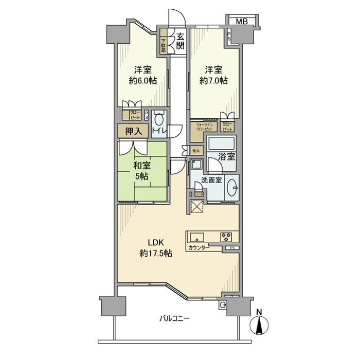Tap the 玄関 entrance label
point(180,41)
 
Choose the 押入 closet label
point(133,131)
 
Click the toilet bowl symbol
point(159,120)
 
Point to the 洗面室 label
point(211,181)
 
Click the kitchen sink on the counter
point(196,237)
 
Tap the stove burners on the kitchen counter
point(226,237)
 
